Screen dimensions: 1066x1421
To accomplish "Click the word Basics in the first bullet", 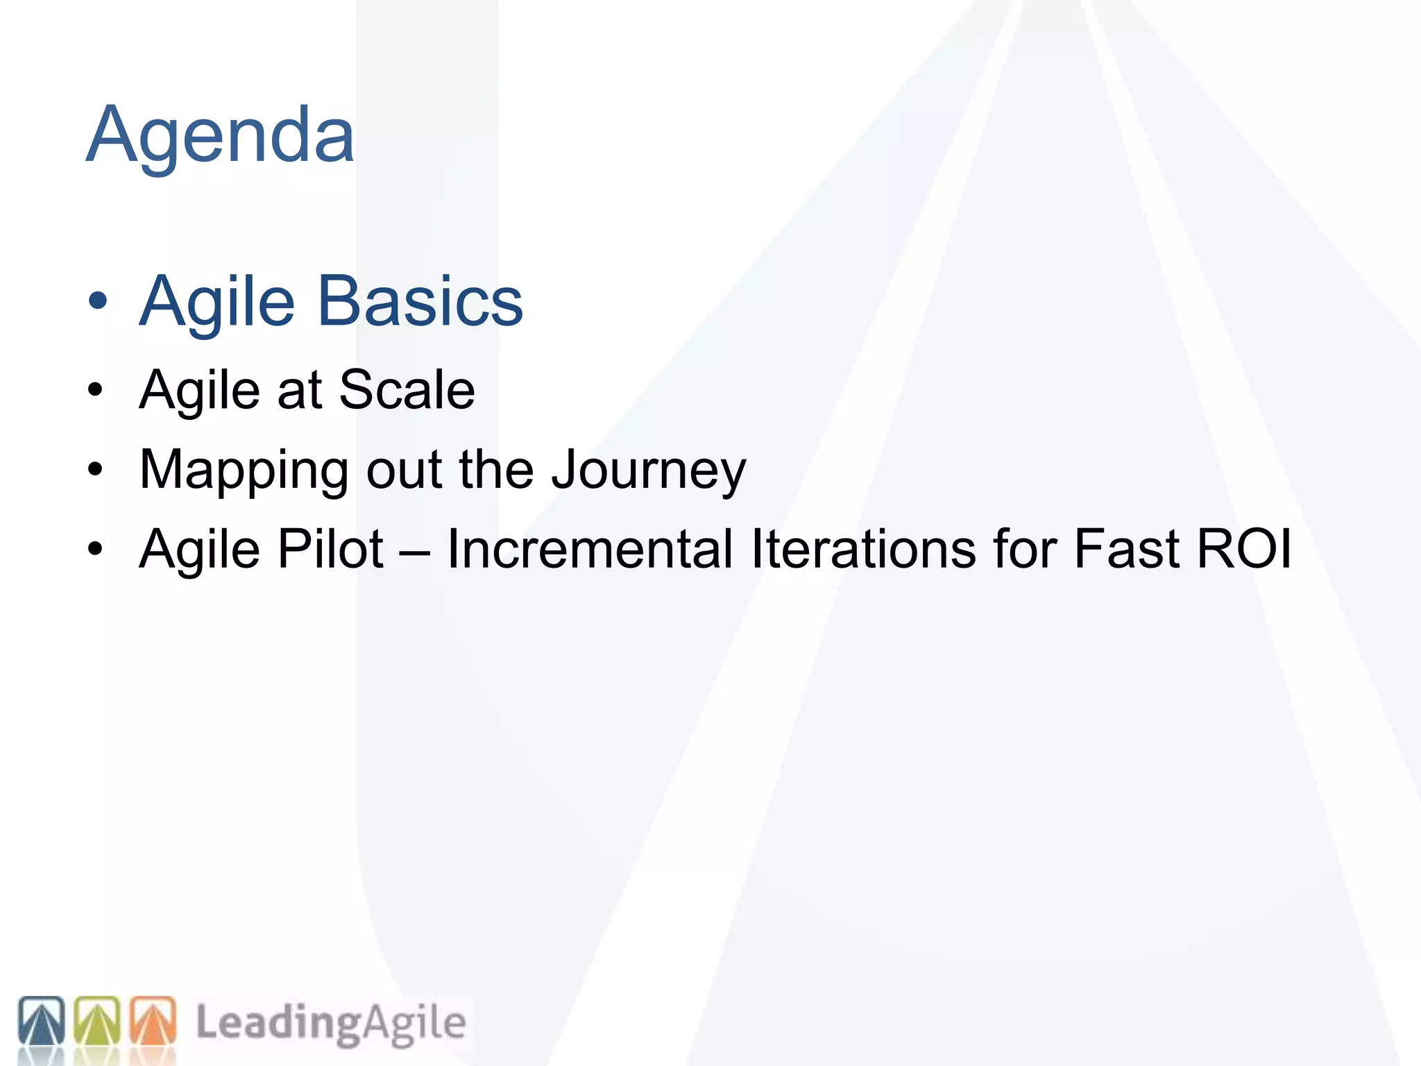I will tap(420, 301).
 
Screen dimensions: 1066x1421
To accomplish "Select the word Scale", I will tap(407, 389).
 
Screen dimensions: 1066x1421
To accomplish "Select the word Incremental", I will tap(590, 549).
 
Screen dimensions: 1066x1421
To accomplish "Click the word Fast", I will tap(1127, 549).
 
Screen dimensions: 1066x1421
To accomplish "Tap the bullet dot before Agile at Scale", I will tap(96, 391).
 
